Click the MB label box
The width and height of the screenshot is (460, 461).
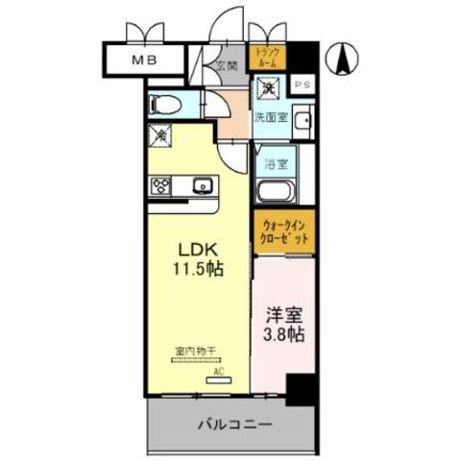[x=145, y=59]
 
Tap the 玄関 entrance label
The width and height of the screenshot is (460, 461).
[x=226, y=67]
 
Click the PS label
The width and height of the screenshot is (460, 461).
[x=302, y=85]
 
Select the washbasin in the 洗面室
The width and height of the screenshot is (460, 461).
[x=302, y=121]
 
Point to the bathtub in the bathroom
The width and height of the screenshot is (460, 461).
[x=278, y=187]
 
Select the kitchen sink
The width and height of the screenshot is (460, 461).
[x=201, y=185]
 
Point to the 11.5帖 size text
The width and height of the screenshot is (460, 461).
[x=199, y=269]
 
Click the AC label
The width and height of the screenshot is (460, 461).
[x=217, y=369]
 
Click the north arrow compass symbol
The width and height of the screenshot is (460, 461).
[x=343, y=60]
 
